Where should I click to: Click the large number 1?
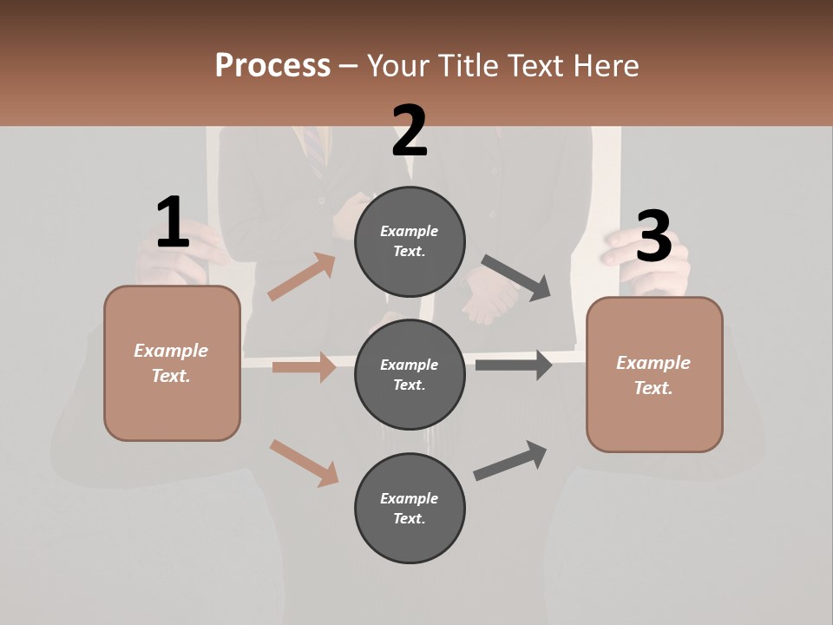tap(173, 223)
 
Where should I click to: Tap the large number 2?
tap(409, 131)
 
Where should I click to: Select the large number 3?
tap(653, 237)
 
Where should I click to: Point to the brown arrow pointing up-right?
tap(302, 277)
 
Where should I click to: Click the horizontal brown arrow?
tap(304, 367)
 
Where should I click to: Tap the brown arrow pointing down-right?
tap(304, 462)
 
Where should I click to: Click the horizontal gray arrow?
tap(513, 365)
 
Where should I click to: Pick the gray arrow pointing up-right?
tap(510, 460)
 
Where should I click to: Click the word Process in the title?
tap(272, 65)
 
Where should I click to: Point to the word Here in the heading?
tap(604, 65)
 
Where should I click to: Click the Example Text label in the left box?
tap(171, 363)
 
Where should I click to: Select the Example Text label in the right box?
tap(653, 375)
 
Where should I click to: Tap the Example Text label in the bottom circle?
tap(410, 508)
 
